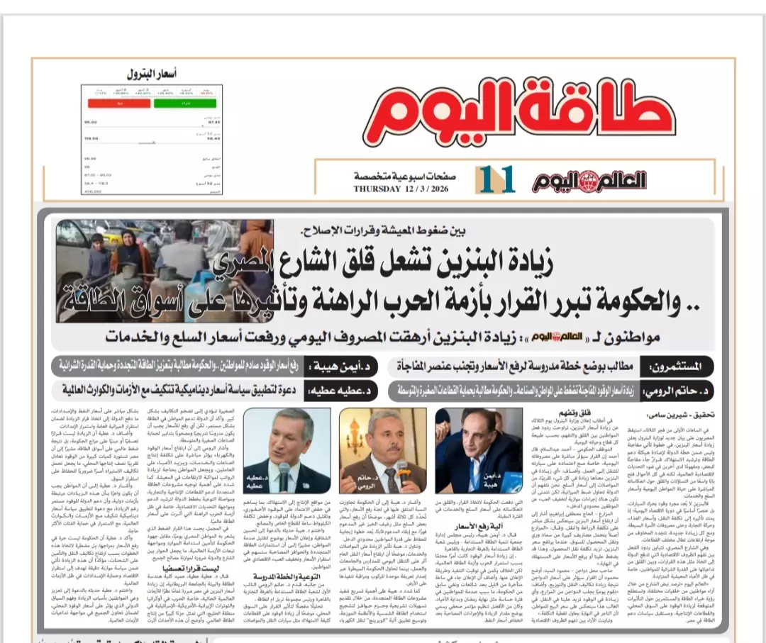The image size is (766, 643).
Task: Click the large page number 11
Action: (x=494, y=180)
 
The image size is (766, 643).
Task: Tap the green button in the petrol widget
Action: (x=174, y=104)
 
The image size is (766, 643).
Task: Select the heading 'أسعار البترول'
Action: (x=152, y=74)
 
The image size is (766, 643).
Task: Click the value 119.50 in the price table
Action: (x=91, y=139)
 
